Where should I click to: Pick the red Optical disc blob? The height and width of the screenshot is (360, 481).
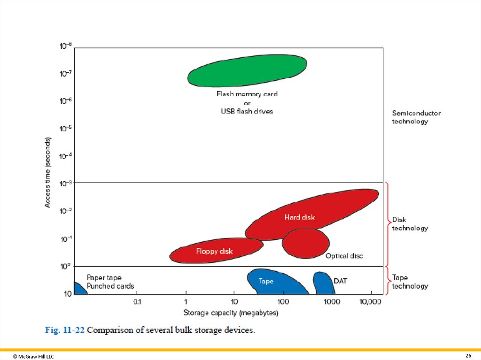click(305, 243)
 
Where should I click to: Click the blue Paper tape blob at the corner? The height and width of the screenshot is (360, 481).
click(79, 289)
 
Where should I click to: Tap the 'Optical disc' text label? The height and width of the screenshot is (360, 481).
click(344, 256)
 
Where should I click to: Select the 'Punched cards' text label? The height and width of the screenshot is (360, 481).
click(110, 286)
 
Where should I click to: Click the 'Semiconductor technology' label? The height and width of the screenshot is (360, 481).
click(410, 117)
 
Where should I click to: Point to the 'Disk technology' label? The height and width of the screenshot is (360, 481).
click(410, 224)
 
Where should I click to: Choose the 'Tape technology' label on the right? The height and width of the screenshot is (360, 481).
click(410, 282)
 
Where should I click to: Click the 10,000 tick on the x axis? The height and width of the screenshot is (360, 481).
click(371, 302)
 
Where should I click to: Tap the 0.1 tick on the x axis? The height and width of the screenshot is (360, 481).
click(137, 302)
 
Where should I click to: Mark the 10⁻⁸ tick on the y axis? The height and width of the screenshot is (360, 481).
click(65, 46)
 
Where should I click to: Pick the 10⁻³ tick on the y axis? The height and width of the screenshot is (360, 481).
click(65, 183)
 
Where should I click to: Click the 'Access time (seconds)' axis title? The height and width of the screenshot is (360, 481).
click(48, 172)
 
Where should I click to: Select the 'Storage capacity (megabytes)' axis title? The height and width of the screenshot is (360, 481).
click(231, 313)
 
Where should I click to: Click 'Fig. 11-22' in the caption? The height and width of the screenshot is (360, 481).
click(65, 330)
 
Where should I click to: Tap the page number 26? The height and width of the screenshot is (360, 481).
click(468, 355)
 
